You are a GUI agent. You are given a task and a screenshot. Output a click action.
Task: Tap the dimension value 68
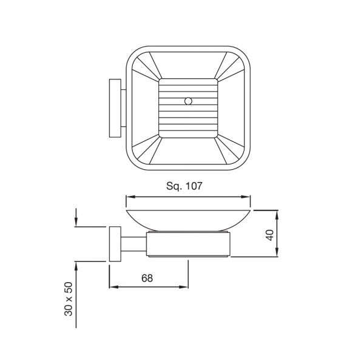tap(147, 278)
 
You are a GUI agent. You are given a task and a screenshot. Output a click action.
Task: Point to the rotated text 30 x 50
tap(69, 298)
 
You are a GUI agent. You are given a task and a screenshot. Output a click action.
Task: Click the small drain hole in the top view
tap(187, 101)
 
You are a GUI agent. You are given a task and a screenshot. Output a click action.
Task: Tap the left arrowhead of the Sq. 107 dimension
tap(129, 197)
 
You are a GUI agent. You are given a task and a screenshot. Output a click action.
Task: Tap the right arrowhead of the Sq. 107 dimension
tap(248, 197)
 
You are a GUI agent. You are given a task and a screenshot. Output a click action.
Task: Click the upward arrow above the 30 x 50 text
tap(76, 265)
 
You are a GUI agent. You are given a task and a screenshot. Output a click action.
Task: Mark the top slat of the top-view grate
tap(187, 83)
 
